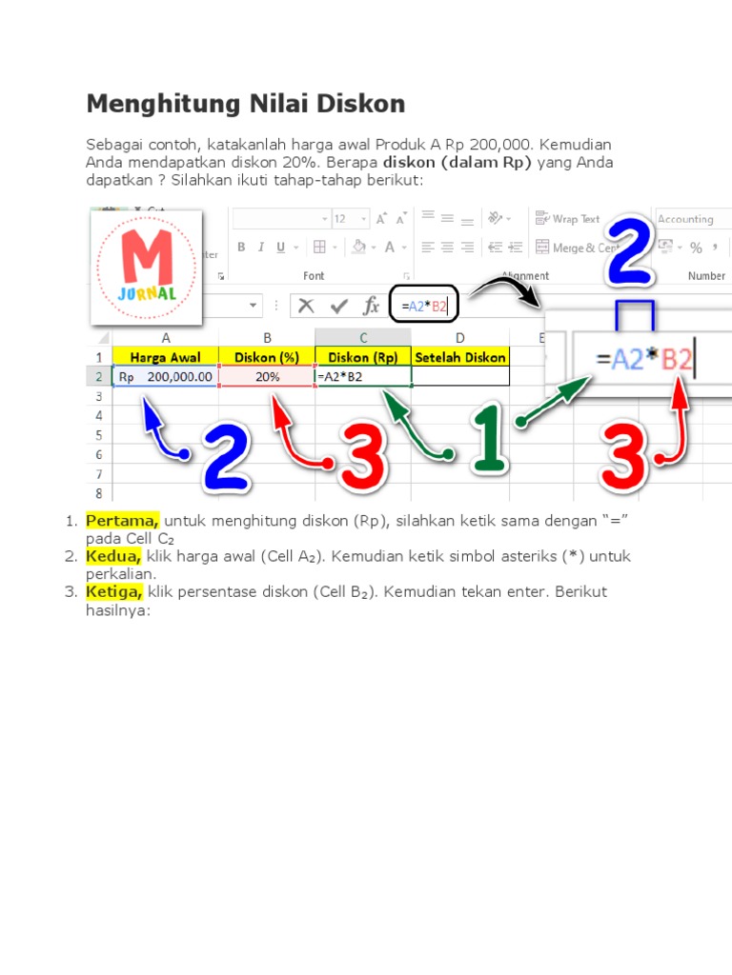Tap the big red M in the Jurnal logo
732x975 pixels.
146,253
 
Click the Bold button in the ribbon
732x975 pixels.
242,248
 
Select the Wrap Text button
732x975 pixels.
568,219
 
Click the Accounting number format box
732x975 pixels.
690,219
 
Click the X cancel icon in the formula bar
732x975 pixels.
306,306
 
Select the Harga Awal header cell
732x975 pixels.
166,357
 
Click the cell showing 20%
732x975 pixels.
267,377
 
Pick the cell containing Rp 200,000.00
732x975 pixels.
166,377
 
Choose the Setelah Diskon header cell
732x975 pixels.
460,357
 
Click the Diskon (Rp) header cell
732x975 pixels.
363,357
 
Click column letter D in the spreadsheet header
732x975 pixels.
460,337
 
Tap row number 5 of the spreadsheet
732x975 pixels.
99,435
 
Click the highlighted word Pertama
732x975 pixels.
122,521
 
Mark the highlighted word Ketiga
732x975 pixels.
114,591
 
